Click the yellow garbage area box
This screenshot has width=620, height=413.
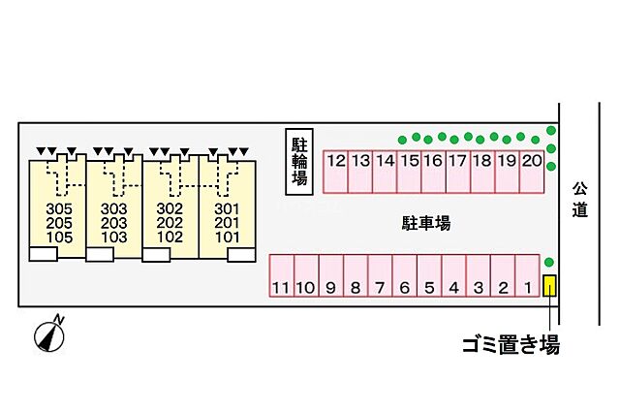click(549, 287)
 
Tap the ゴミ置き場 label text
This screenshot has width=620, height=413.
click(510, 343)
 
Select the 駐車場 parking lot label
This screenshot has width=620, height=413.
click(426, 223)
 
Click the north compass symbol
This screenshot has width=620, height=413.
click(48, 334)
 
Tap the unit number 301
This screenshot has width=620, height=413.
click(227, 208)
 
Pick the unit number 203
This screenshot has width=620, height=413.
click(114, 223)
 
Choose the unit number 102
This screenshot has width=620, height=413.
click(170, 237)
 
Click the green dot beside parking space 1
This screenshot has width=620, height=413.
click(549, 262)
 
